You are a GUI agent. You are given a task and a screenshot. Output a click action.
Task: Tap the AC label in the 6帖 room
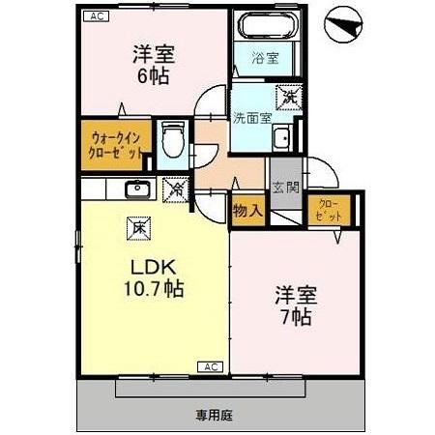click(x=95, y=16)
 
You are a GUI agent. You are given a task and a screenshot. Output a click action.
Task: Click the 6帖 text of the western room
click(x=149, y=74)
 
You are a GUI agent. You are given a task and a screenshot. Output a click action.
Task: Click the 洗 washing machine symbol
click(x=287, y=97)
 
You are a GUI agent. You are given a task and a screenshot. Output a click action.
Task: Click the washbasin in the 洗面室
click(x=282, y=138)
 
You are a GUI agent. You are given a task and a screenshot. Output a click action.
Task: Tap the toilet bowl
click(x=172, y=142)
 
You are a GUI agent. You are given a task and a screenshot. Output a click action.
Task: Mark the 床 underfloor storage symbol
click(x=139, y=230)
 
